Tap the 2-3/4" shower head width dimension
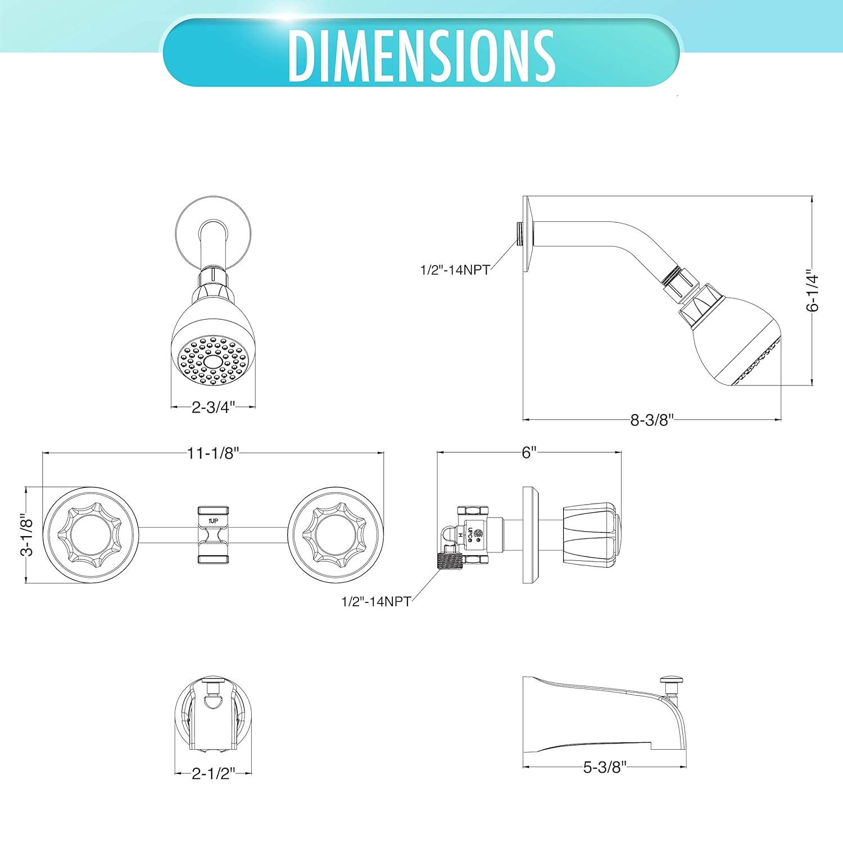[213, 407]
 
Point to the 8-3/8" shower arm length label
[652, 420]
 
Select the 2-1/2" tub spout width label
[213, 775]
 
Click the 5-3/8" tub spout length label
[604, 767]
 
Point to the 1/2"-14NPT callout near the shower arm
[455, 270]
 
